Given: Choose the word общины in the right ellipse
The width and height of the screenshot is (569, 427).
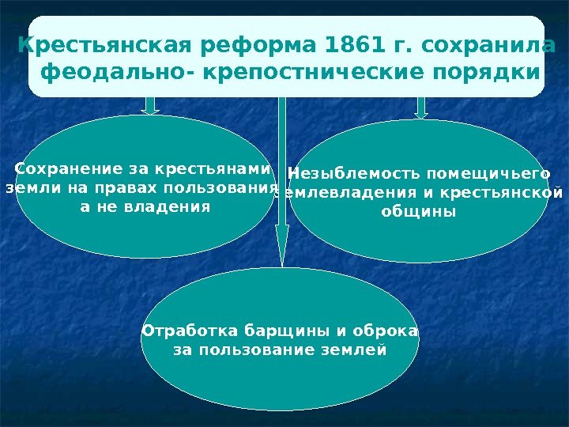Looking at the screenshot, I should tap(419, 212).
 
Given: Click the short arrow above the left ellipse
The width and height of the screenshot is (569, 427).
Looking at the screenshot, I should tap(152, 105).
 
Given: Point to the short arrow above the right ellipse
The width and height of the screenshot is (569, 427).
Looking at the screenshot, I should tap(421, 107).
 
